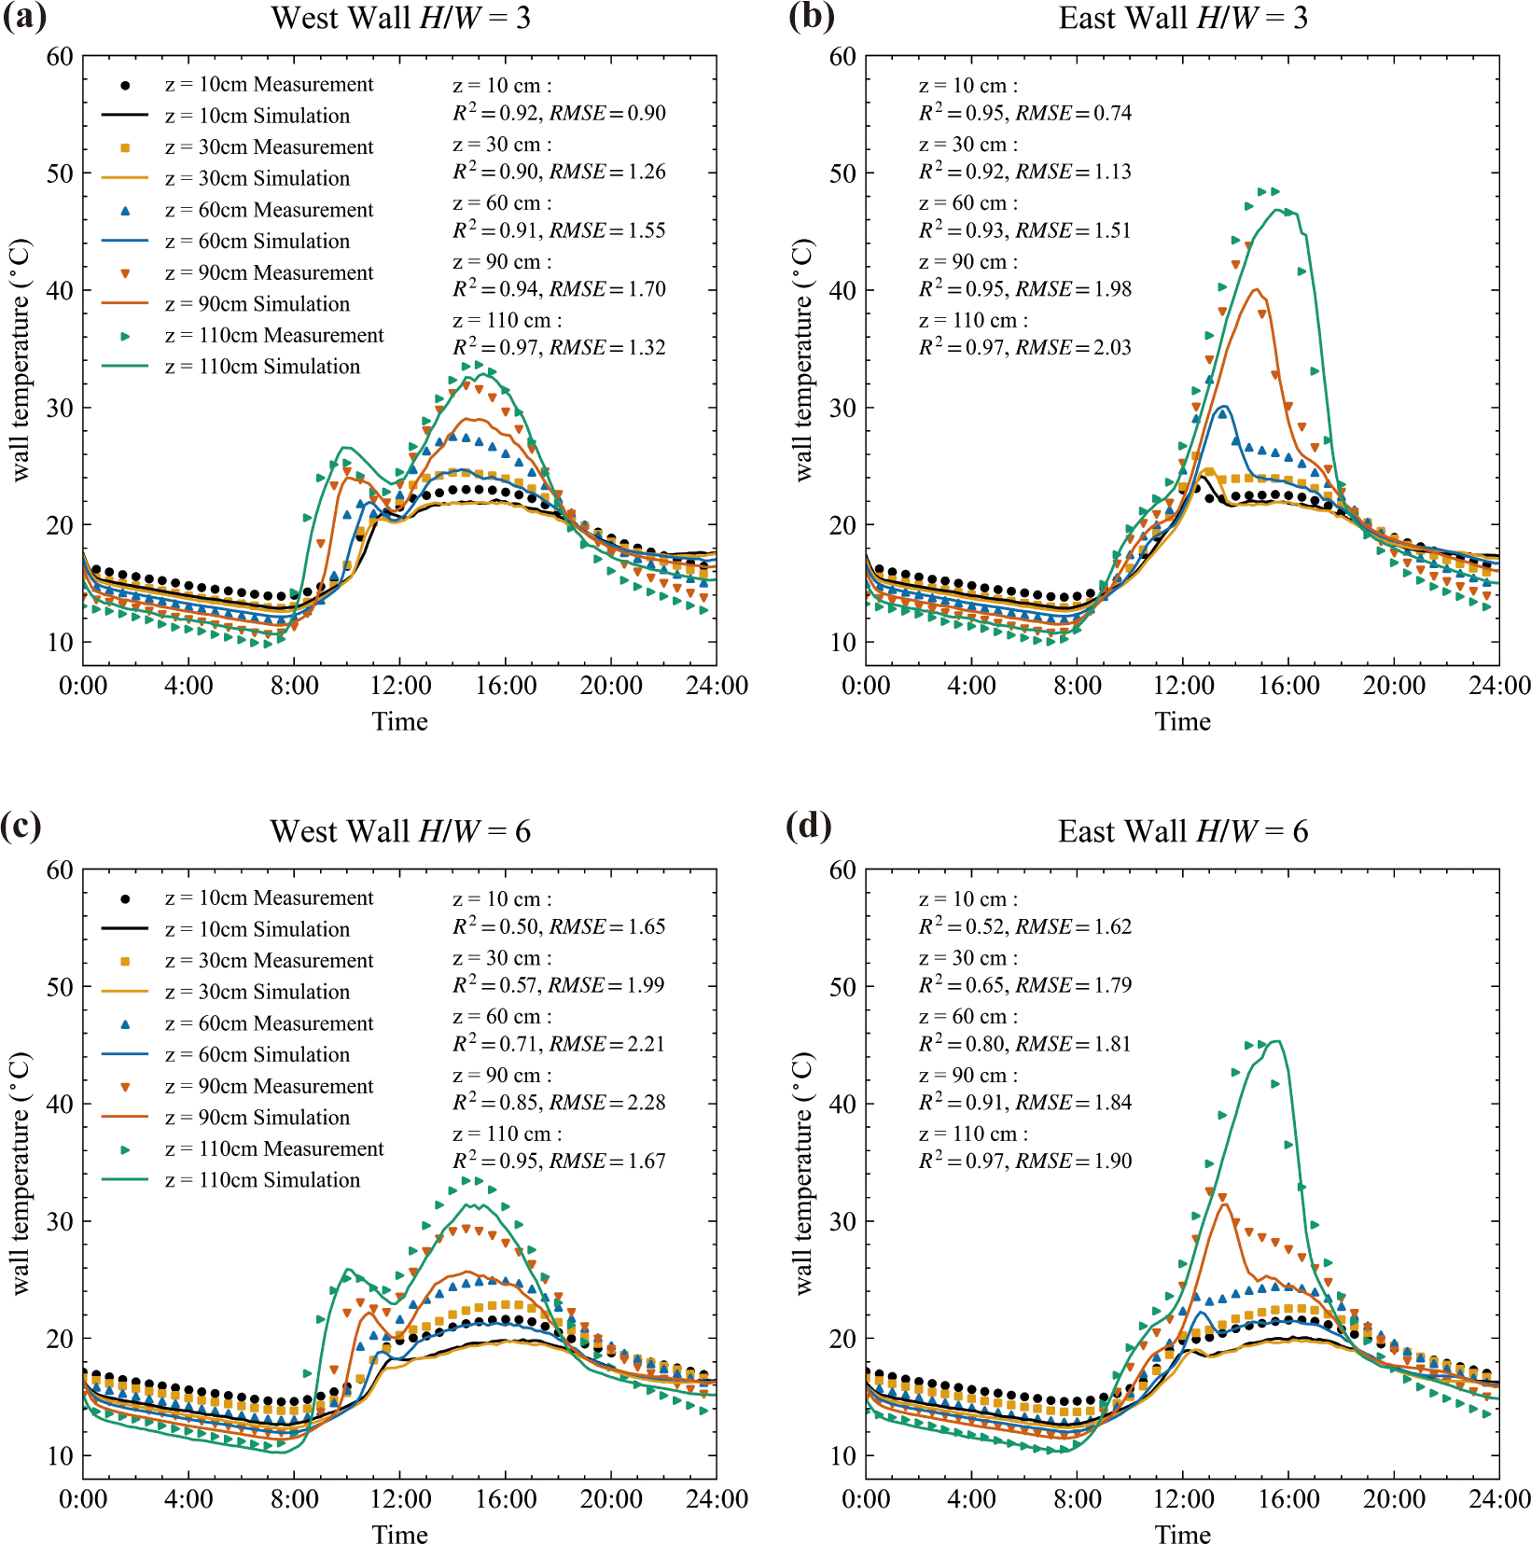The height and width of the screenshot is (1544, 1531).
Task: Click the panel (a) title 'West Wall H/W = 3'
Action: [x=400, y=18]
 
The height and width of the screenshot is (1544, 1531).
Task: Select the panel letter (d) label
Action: [x=808, y=827]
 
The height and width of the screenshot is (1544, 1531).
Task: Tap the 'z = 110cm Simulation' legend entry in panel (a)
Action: [x=262, y=367]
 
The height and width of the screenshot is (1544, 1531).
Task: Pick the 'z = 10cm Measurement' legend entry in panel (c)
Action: [x=269, y=898]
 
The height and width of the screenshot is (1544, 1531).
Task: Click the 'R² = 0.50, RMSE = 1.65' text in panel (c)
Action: [x=559, y=927]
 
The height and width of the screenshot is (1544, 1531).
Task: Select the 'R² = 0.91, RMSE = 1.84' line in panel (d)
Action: [x=1024, y=1103]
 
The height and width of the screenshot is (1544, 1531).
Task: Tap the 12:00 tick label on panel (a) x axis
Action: [x=400, y=687]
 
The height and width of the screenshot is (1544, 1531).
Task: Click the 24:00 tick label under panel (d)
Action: [x=1499, y=1500]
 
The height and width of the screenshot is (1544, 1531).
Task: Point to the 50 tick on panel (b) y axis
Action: [x=842, y=174]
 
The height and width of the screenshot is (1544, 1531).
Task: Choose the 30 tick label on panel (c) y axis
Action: [x=60, y=1221]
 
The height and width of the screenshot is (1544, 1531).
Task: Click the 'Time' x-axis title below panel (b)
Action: [x=1182, y=721]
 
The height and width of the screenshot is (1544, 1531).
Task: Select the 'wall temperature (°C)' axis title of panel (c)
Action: [x=21, y=1174]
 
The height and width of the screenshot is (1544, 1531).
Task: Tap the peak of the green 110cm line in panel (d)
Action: [x=1277, y=1041]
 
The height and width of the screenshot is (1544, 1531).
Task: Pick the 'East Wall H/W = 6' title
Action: [x=1182, y=831]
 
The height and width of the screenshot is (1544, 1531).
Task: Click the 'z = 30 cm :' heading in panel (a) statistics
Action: [x=502, y=145]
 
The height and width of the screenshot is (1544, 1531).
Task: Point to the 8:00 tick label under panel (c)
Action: [x=294, y=1500]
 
